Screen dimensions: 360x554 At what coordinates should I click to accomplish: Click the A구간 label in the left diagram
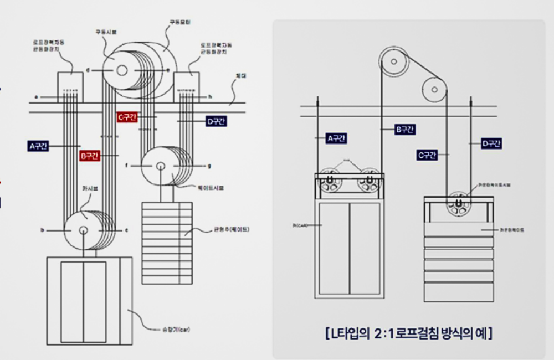39,146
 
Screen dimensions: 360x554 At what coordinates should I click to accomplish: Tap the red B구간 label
90,156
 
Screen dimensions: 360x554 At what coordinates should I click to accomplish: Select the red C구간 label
127,117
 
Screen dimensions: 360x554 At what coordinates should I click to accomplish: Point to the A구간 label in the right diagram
336,138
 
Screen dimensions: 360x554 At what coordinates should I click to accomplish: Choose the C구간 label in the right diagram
427,156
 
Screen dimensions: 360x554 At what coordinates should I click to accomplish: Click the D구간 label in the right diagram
491,144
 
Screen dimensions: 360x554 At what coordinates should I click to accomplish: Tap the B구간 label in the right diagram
405,130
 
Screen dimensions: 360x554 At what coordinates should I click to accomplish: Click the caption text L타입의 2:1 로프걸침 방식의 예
408,334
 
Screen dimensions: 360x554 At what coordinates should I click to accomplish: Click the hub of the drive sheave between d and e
122,70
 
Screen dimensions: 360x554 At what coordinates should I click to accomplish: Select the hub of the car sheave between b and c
83,230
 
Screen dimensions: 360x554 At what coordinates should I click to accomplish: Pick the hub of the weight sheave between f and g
160,166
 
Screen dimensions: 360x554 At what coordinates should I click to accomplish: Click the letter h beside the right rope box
211,97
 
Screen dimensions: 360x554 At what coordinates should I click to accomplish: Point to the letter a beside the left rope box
36,97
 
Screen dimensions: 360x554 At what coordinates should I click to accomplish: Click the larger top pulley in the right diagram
394,61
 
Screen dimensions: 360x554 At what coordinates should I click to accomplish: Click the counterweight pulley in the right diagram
459,203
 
